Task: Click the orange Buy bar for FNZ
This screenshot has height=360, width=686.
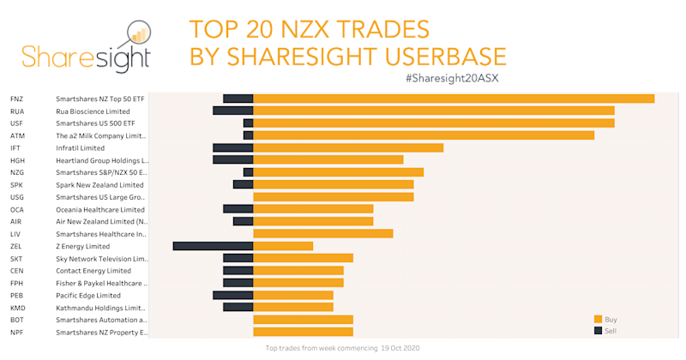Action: (454, 99)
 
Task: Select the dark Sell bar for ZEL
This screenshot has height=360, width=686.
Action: (213, 246)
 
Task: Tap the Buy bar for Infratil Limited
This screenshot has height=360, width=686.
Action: (348, 147)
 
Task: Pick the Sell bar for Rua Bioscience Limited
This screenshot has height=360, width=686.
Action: (232, 111)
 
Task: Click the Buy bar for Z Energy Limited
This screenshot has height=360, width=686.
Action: (283, 246)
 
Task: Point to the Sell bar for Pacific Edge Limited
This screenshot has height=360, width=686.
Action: (232, 295)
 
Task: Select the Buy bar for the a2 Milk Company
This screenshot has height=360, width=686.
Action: (424, 135)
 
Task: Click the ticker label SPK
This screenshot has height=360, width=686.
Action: (17, 185)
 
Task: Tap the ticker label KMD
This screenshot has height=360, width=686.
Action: (18, 308)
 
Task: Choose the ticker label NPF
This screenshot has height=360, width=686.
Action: (17, 332)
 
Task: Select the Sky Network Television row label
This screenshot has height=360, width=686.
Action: (102, 259)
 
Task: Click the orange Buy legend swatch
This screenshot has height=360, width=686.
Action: (598, 319)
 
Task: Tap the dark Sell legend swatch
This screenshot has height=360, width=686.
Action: (598, 331)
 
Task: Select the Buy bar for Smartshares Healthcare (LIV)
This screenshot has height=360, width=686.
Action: (323, 234)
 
